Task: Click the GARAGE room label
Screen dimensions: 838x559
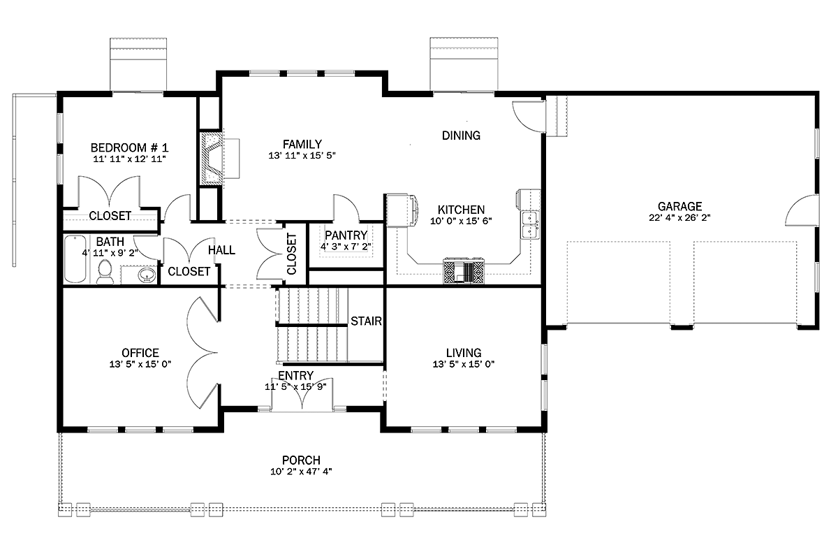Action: click(x=679, y=206)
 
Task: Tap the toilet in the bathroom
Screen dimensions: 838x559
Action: click(x=105, y=273)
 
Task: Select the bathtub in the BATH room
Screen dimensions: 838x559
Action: click(x=75, y=259)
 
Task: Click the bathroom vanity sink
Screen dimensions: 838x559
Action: click(x=147, y=275)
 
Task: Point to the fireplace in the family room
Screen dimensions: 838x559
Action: click(x=212, y=157)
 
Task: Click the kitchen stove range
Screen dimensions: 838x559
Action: click(x=464, y=271)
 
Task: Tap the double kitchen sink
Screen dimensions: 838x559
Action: click(x=531, y=225)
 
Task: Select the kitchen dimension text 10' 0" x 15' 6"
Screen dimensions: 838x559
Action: click(x=461, y=221)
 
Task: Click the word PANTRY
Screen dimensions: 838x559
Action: click(x=346, y=235)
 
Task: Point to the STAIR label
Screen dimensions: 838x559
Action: click(x=366, y=321)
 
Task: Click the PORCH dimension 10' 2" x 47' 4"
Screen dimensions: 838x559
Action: click(x=301, y=472)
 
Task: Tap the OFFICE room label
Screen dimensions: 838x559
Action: click(x=140, y=353)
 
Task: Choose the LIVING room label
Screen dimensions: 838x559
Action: click(x=464, y=353)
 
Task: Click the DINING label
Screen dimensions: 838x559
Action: click(x=461, y=135)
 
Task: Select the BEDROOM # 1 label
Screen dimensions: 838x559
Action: click(x=129, y=147)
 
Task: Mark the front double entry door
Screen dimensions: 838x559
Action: click(x=302, y=397)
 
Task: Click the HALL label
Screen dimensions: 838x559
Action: click(x=221, y=250)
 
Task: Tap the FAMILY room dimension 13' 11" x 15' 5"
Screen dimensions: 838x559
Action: click(x=302, y=155)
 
